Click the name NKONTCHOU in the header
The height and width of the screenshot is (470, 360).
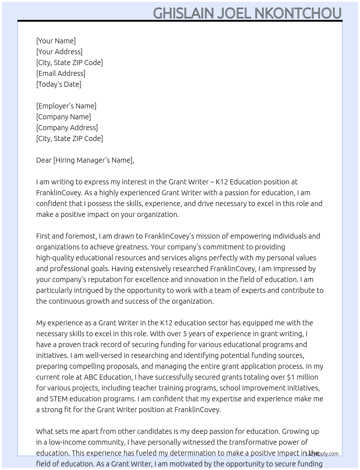pyautogui.click(x=298, y=13)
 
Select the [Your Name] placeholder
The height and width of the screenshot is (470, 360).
pyautogui.click(x=56, y=41)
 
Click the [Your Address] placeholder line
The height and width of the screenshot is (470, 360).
pyautogui.click(x=59, y=52)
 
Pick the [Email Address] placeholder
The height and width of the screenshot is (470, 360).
pyautogui.click(x=61, y=73)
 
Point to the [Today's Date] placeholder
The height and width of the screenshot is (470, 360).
pyautogui.click(x=59, y=84)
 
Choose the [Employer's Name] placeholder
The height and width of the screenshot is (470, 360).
pyautogui.click(x=66, y=106)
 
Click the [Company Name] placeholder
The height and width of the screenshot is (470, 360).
pyautogui.click(x=63, y=117)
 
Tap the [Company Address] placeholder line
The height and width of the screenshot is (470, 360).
pyautogui.click(x=67, y=128)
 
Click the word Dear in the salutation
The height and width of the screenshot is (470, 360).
pyautogui.click(x=44, y=160)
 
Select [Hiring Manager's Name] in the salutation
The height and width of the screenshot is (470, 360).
pyautogui.click(x=94, y=160)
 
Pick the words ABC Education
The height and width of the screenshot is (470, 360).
pyautogui.click(x=108, y=377)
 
